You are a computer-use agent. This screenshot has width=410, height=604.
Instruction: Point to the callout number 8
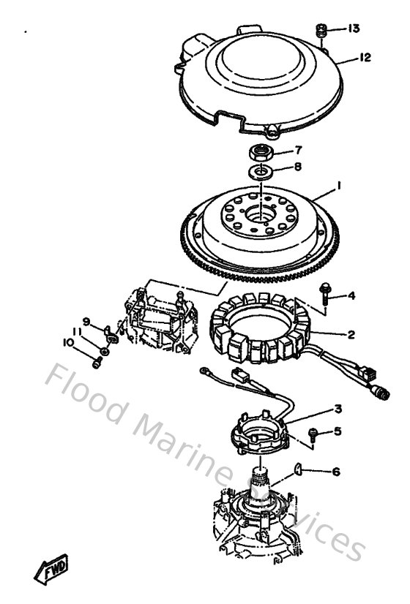click(297, 166)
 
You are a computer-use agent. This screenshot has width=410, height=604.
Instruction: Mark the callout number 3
click(338, 409)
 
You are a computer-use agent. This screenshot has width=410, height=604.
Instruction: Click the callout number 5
click(338, 431)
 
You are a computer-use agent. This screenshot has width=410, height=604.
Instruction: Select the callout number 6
click(336, 472)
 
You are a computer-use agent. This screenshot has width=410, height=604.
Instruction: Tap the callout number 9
click(86, 320)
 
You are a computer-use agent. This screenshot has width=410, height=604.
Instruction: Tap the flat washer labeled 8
click(258, 172)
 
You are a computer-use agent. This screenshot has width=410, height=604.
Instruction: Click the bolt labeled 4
click(324, 295)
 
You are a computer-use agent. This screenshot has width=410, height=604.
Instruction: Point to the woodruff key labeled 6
click(299, 468)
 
